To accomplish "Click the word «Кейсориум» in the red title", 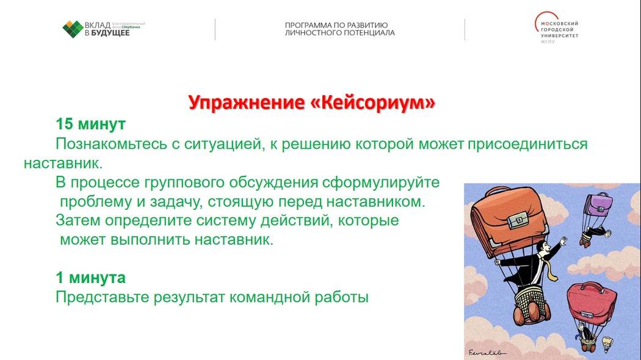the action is tap(373, 103).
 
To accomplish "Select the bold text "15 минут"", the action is tap(90, 124).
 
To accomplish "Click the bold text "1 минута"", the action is tap(90, 278).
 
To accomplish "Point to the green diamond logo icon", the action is tap(73, 29).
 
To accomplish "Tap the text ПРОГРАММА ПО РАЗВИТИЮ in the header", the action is tap(336, 25).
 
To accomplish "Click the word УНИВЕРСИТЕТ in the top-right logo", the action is tap(559, 35).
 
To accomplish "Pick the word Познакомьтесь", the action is tap(111, 144).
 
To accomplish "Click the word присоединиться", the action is tap(527, 144).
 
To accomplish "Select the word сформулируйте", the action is tap(380, 182).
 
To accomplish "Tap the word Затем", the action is tap(78, 220).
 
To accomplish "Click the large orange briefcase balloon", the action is tap(509, 221).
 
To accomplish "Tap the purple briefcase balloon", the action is tap(599, 205).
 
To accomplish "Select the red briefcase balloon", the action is tap(592, 302).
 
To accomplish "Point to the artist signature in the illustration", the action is tap(487, 352).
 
